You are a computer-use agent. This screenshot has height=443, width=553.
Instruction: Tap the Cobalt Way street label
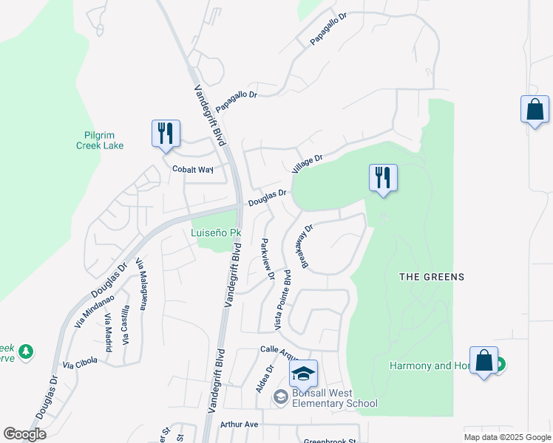coord(193,169)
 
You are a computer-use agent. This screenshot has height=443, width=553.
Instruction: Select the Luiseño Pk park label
coord(215,233)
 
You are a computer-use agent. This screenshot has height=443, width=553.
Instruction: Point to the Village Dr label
coord(308,164)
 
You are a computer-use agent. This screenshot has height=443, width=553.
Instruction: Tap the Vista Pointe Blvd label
coord(284,301)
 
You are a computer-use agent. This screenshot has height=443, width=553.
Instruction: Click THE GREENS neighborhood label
coord(432,277)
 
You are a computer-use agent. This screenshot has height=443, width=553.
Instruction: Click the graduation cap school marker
coord(303,374)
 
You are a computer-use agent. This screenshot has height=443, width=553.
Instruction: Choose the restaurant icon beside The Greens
coord(383,178)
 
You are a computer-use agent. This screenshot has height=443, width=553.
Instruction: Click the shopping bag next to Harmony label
coord(484,361)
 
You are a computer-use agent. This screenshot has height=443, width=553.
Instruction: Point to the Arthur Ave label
coord(240,425)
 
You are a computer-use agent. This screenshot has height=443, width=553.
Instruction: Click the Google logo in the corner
coord(24,434)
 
